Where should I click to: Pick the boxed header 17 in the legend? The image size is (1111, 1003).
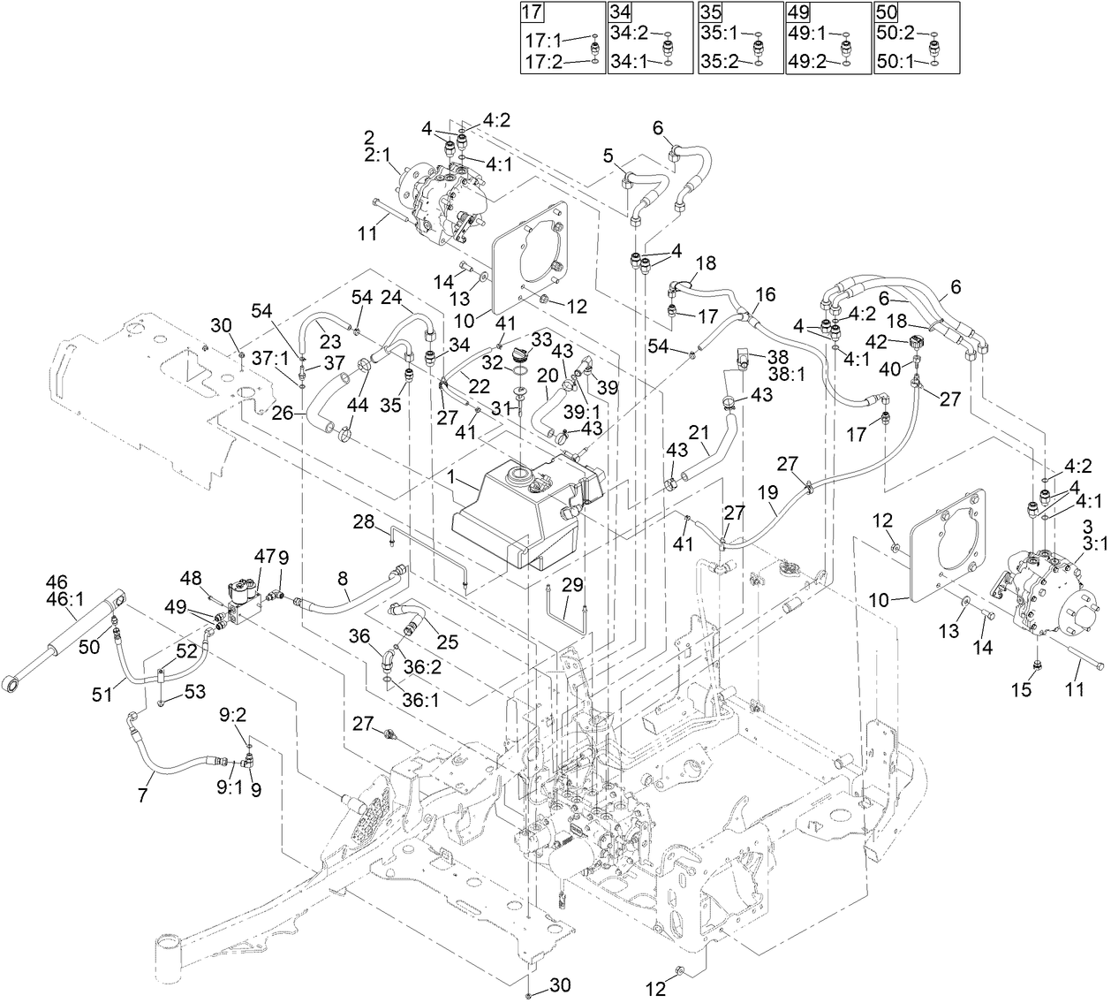click(x=533, y=12)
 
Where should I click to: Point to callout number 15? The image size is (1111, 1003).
click(x=1020, y=690)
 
